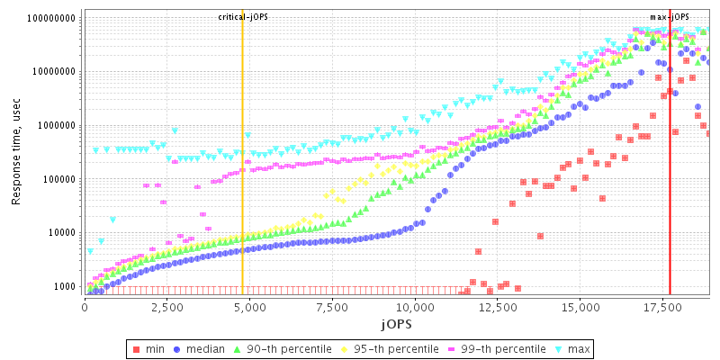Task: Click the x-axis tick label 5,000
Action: coord(249,306)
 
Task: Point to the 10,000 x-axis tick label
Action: coord(414,306)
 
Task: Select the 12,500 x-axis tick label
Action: coord(497,306)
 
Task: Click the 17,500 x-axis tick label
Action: coord(661,306)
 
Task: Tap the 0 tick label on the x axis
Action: coord(85,306)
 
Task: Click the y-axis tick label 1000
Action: coord(65,287)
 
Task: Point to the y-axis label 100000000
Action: coord(52,18)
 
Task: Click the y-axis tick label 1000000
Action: coord(57,126)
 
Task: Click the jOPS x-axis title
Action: coord(396,321)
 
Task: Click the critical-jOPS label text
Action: coord(243,17)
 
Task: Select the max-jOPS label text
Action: coord(669,17)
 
